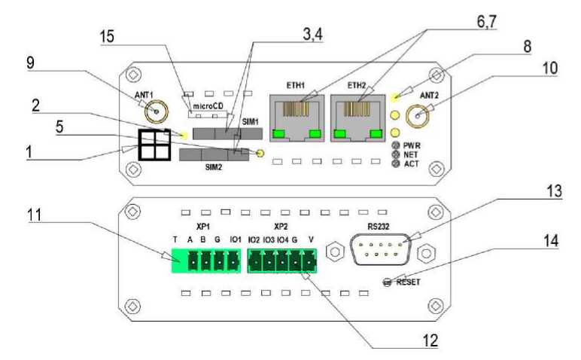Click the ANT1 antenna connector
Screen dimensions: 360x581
click(x=157, y=114)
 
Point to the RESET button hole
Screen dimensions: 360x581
click(x=388, y=282)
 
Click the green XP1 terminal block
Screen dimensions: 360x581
click(x=205, y=261)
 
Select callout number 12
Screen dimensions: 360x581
click(x=430, y=340)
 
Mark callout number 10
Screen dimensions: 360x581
click(x=549, y=68)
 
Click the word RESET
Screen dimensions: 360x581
click(x=407, y=282)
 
